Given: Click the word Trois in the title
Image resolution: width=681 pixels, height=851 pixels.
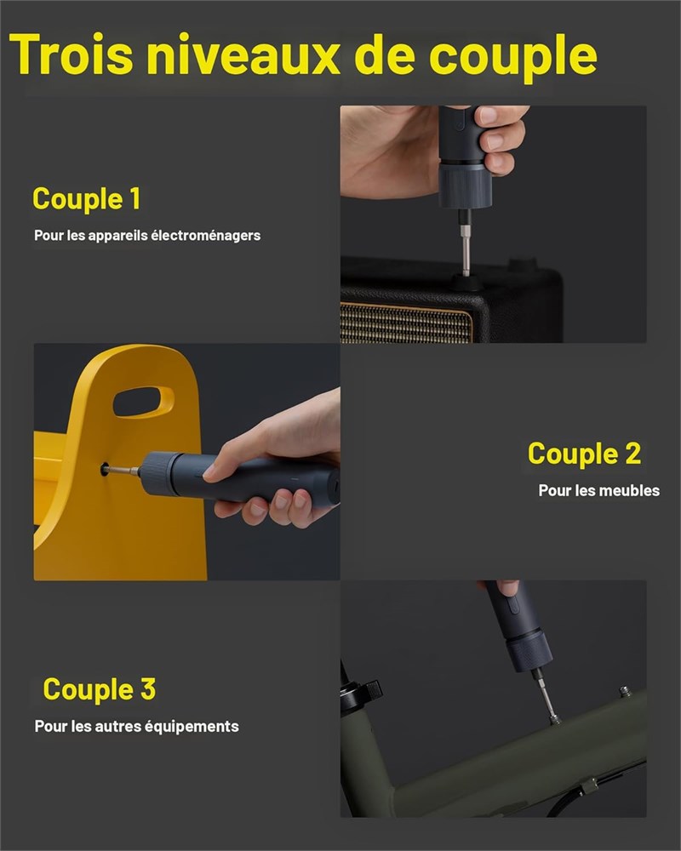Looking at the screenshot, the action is tap(72, 54).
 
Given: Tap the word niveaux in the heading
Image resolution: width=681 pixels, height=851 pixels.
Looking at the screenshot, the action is tap(243, 54).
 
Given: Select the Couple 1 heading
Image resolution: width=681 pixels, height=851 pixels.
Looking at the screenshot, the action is tap(87, 198).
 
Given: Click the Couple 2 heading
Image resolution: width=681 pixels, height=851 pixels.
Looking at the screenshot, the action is tap(584, 454).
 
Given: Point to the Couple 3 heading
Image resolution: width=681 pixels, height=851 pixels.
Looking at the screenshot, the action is tap(100, 690).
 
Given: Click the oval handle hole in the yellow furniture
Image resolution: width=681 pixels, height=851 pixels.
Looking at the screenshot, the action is tap(143, 402).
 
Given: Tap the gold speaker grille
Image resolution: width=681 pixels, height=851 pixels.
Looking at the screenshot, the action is tap(406, 323).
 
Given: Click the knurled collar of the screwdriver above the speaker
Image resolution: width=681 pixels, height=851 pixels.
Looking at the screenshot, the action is tap(465, 185).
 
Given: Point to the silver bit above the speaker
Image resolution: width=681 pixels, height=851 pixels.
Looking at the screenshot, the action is tap(466, 250).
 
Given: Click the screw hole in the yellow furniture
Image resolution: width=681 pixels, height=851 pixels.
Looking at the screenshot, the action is tap(104, 470).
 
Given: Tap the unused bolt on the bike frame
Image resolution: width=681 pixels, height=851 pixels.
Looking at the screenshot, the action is tap(625, 691).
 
